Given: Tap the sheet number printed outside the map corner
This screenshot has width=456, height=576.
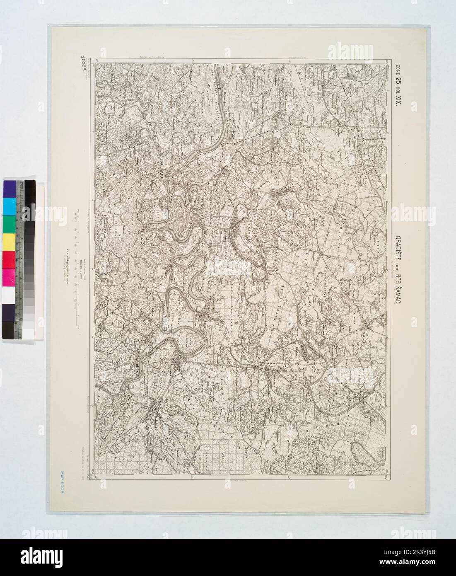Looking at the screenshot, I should [82, 63].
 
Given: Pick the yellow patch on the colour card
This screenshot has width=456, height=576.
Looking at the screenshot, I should [9, 242].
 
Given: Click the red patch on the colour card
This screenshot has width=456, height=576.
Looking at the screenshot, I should [9, 259].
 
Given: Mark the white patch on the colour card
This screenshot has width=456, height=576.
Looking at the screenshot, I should [9, 294].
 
